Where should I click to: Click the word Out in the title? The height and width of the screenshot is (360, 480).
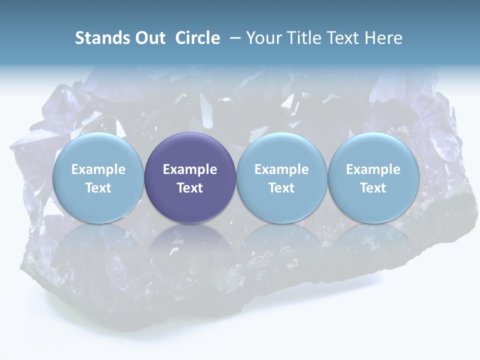(x=149, y=38)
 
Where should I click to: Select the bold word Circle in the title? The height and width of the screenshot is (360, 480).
(x=197, y=38)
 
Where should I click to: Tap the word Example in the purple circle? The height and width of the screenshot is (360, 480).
(x=190, y=169)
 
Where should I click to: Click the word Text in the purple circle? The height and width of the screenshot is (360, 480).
(x=190, y=188)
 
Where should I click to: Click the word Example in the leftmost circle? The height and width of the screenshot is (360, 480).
(x=98, y=169)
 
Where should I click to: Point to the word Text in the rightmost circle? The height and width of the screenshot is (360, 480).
(x=373, y=188)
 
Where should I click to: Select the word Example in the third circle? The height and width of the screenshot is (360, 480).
(x=281, y=169)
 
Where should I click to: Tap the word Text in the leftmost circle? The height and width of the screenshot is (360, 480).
(x=98, y=188)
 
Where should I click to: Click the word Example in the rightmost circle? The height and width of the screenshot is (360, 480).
(x=373, y=169)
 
